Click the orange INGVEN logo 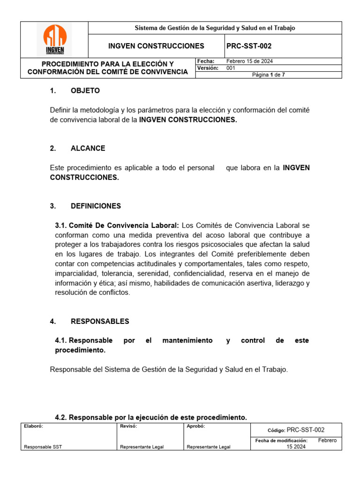[54, 39]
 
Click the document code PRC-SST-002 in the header [248, 46]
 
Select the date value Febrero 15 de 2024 [249, 61]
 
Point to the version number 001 [231, 68]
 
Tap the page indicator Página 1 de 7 [268, 75]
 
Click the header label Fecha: [206, 61]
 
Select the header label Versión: [208, 68]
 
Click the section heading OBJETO [85, 90]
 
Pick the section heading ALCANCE [88, 148]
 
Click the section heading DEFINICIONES [96, 206]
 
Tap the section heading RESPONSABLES [100, 321]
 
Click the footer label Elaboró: [33, 427]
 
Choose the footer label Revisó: [128, 427]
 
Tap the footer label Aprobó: [195, 427]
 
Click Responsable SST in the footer [43, 447]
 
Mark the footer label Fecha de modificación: [281, 441]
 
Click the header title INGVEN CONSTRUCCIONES [156, 46]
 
